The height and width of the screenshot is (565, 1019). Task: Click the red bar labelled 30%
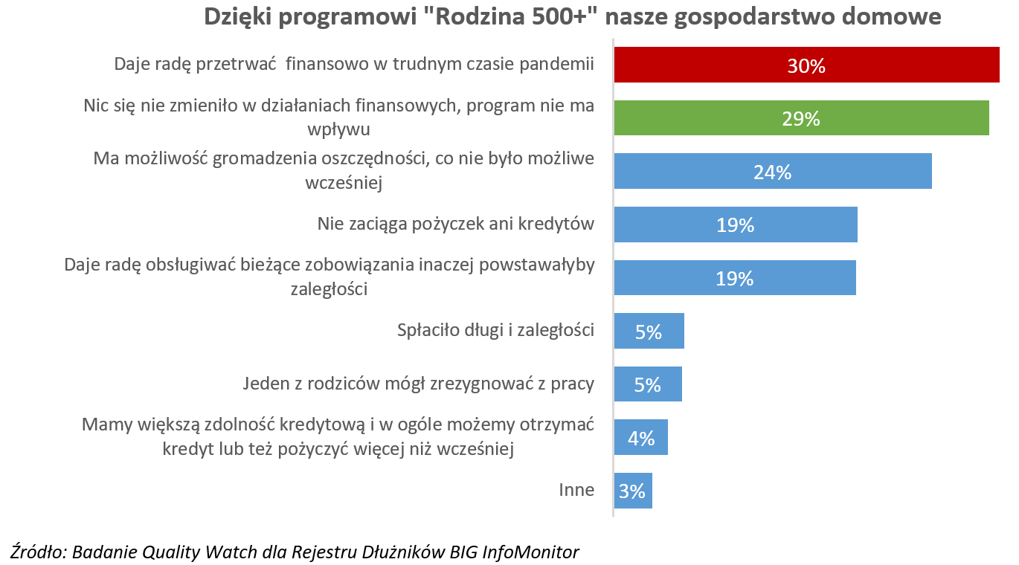click(x=806, y=65)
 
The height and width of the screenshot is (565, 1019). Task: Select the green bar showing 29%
click(x=801, y=118)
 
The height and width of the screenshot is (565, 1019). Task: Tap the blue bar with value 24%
click(x=772, y=172)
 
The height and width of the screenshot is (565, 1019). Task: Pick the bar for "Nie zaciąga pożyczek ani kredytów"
click(x=735, y=225)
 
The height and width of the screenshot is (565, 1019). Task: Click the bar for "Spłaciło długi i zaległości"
click(x=649, y=332)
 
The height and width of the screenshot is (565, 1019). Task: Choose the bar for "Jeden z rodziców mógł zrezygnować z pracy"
click(x=648, y=384)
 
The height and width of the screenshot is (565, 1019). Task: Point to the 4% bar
click(x=640, y=438)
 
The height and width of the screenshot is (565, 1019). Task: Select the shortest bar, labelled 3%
click(x=632, y=491)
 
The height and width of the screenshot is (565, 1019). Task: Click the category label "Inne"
click(x=576, y=490)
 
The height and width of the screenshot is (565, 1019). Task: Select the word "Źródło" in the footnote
click(x=37, y=552)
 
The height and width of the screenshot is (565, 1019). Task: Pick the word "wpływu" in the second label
click(x=338, y=129)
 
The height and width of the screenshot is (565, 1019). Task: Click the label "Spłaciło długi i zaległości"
click(x=495, y=330)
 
